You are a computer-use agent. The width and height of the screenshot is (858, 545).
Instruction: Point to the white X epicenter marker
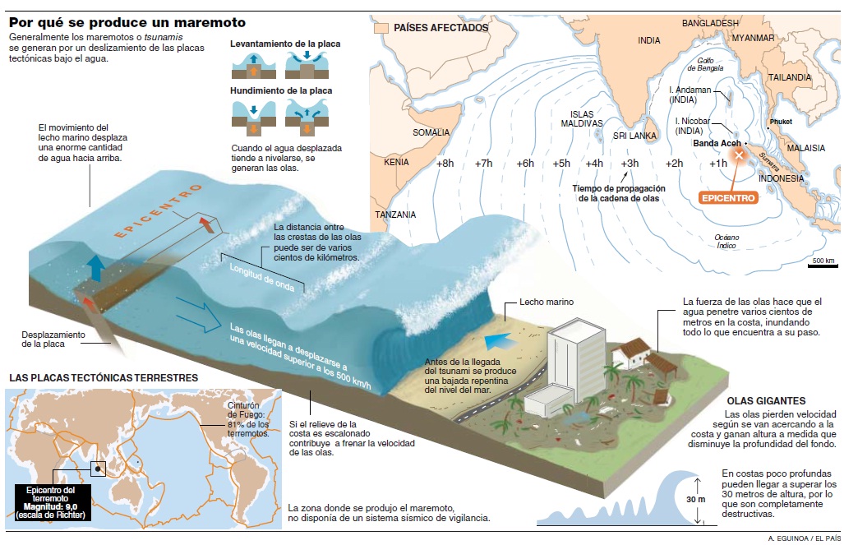[x=739, y=155]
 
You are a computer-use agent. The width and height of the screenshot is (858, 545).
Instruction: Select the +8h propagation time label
[x=445, y=164]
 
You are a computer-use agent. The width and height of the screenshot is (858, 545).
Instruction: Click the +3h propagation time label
[x=630, y=164]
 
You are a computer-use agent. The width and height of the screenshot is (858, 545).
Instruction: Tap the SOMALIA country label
[x=431, y=132]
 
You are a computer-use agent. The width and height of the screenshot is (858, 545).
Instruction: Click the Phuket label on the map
[x=780, y=122]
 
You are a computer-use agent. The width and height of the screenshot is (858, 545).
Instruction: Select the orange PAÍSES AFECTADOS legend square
[x=381, y=27]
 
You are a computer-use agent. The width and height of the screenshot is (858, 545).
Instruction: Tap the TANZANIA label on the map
[x=395, y=215]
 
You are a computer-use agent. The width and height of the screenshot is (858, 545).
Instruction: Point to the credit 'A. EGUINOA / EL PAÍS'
[x=803, y=538]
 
